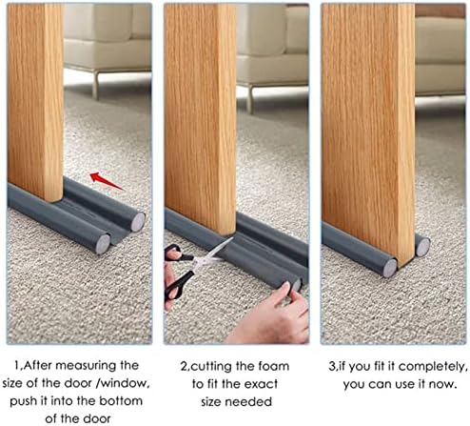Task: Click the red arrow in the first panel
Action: (106, 181)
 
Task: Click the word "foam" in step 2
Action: (274, 366)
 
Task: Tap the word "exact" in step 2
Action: (262, 384)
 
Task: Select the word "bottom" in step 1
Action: (121, 401)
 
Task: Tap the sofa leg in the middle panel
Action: (250, 99)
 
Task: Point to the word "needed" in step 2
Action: (254, 402)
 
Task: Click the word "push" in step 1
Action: (24, 401)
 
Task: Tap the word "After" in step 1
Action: (37, 366)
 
